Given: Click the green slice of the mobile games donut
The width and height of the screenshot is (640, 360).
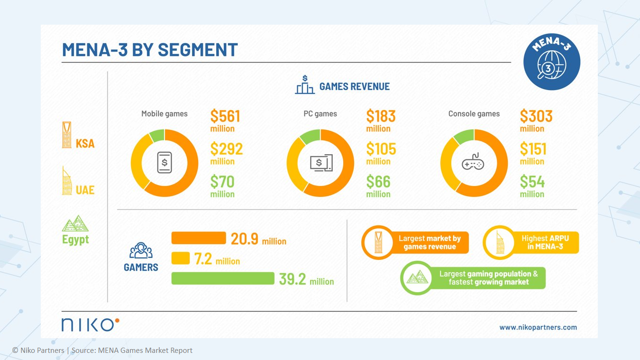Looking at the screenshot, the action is pyautogui.click(x=157, y=135).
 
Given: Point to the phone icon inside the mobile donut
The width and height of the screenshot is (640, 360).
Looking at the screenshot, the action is pyautogui.click(x=165, y=162).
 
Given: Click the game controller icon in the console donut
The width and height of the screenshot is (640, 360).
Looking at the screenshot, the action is pyautogui.click(x=473, y=162).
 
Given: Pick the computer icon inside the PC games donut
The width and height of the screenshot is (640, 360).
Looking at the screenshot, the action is pyautogui.click(x=321, y=163).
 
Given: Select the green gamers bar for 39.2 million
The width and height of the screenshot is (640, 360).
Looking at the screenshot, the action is pyautogui.click(x=223, y=278).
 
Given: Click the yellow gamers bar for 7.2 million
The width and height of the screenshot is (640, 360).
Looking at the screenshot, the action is pyautogui.click(x=181, y=258).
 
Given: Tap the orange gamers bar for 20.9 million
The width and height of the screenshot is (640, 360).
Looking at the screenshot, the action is pyautogui.click(x=199, y=238).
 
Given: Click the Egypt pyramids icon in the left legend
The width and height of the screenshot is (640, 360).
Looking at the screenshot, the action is pyautogui.click(x=75, y=223).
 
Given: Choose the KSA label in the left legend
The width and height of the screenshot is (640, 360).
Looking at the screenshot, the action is pyautogui.click(x=85, y=143).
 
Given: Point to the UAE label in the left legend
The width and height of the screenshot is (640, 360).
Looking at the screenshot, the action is pyautogui.click(x=85, y=190).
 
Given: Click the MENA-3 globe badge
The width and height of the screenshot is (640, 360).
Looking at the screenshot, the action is pyautogui.click(x=552, y=62).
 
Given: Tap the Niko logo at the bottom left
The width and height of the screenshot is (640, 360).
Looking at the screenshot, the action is pyautogui.click(x=90, y=324).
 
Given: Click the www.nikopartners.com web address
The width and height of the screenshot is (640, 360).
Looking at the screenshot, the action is pyautogui.click(x=538, y=327).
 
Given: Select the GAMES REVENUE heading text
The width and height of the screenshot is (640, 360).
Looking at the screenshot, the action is pyautogui.click(x=354, y=86).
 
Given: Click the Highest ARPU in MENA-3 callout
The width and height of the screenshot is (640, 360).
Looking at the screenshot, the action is pyautogui.click(x=531, y=242).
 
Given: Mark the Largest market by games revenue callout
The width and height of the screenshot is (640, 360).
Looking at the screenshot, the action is pyautogui.click(x=415, y=242).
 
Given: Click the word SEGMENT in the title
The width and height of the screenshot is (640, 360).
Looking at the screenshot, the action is pyautogui.click(x=198, y=49).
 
